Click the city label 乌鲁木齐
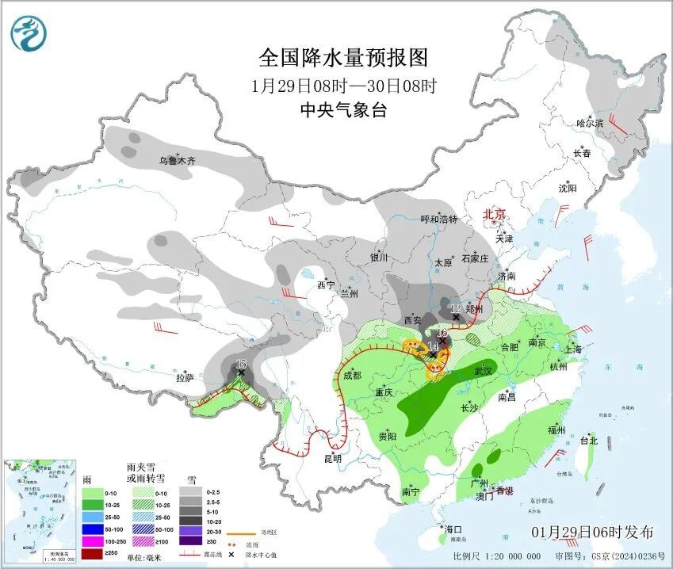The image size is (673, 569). pos(176,161)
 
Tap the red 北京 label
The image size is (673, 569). pos(494,214)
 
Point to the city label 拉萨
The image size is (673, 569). pos(185,379)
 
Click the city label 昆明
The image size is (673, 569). pos(332,458)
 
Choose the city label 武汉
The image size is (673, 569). pos(483,371)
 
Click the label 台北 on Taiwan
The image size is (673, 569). pos(588,440)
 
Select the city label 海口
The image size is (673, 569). pos(453,529)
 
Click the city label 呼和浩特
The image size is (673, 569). pos(439,220)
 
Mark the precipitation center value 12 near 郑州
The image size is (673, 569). pos(456,308)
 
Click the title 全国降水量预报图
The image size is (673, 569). pos(343,58)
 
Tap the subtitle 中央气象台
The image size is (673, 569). pos(343,111)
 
